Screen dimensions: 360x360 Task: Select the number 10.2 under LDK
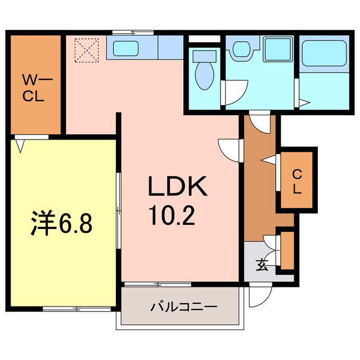click(172, 214)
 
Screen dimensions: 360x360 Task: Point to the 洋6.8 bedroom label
click(60, 224)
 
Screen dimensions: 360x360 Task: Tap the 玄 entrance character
click(263, 265)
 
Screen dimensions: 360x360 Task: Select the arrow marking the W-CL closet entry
click(21, 145)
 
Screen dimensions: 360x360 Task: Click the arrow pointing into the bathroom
click(304, 103)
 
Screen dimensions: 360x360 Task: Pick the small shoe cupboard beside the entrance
click(287, 250)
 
